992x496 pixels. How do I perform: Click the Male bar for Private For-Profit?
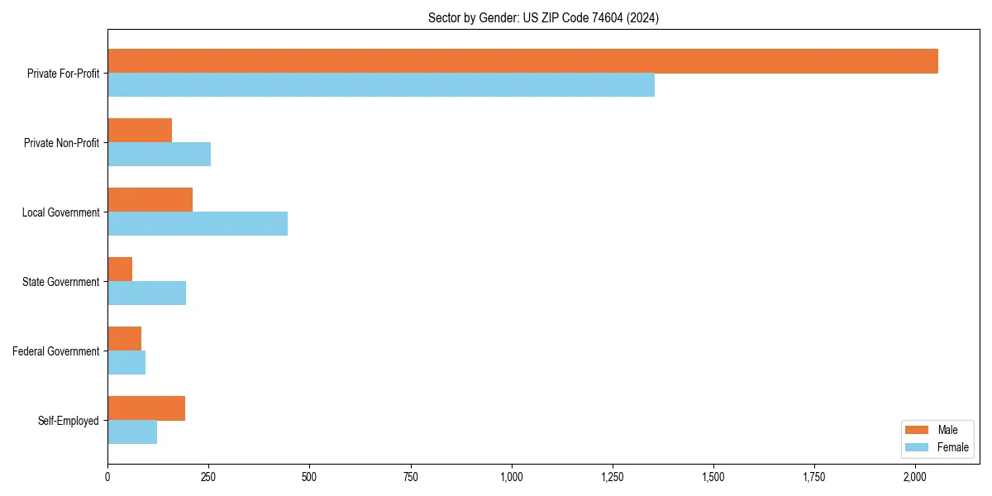coord(522,61)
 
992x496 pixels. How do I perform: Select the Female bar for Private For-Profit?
coord(381,85)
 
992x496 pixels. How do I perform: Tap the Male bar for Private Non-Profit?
coord(140,131)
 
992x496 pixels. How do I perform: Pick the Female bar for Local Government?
coord(198,224)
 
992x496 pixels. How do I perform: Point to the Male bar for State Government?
coord(120,269)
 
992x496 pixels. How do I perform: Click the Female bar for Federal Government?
coord(126,363)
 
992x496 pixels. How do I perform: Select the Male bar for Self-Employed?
coord(146,408)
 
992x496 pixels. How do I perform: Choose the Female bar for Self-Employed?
coord(132,432)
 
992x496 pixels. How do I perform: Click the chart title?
coord(543,17)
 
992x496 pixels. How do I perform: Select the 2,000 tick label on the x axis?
coord(915,477)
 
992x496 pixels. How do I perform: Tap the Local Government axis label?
coord(60,212)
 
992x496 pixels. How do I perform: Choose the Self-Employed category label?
coord(69,421)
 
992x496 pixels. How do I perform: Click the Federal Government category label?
coord(56,351)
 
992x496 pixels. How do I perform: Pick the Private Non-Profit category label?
coord(61,143)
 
